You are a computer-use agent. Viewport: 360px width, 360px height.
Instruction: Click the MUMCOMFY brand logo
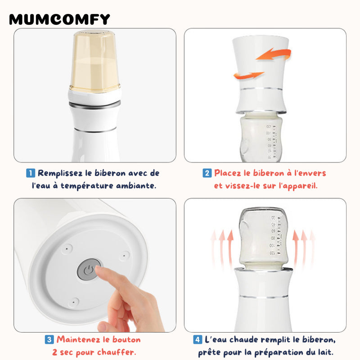[59, 19]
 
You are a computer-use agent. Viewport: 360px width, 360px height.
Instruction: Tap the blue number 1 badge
[31, 173]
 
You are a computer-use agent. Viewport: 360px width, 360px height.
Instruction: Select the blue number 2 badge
[207, 173]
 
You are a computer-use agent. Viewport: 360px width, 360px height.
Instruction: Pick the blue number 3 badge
[49, 340]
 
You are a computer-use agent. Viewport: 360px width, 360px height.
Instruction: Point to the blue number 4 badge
[198, 340]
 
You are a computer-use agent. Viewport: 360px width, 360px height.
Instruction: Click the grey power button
[89, 270]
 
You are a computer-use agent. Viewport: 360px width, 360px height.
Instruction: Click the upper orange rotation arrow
[274, 54]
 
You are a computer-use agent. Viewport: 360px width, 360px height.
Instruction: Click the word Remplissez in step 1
[60, 173]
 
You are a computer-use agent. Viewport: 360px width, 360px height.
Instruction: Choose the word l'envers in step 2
[310, 173]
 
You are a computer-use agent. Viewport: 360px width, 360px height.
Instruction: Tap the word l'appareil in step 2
[298, 186]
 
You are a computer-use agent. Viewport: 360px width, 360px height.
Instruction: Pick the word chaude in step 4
[243, 340]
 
